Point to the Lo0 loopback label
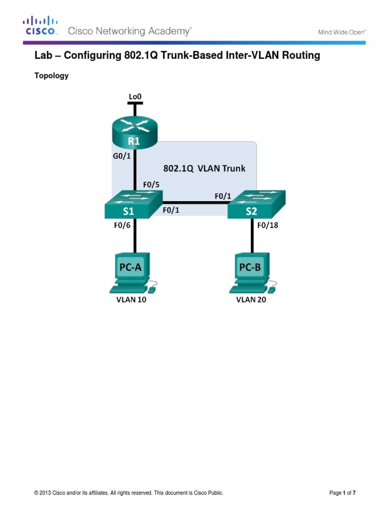135,95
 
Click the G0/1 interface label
121,156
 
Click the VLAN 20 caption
251,300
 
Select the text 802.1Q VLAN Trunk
204,168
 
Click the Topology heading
51,76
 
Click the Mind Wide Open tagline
342,31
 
